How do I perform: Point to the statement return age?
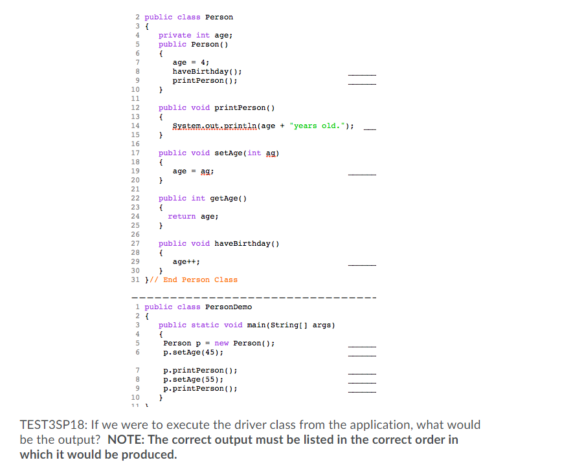[x=193, y=216]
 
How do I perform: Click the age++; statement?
[x=186, y=261]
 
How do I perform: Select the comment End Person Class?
[x=200, y=279]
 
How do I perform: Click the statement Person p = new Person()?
[x=219, y=343]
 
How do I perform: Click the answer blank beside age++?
[x=362, y=264]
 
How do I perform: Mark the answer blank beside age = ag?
[x=362, y=173]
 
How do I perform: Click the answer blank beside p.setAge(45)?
[x=362, y=354]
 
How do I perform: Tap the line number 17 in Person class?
[x=135, y=153]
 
